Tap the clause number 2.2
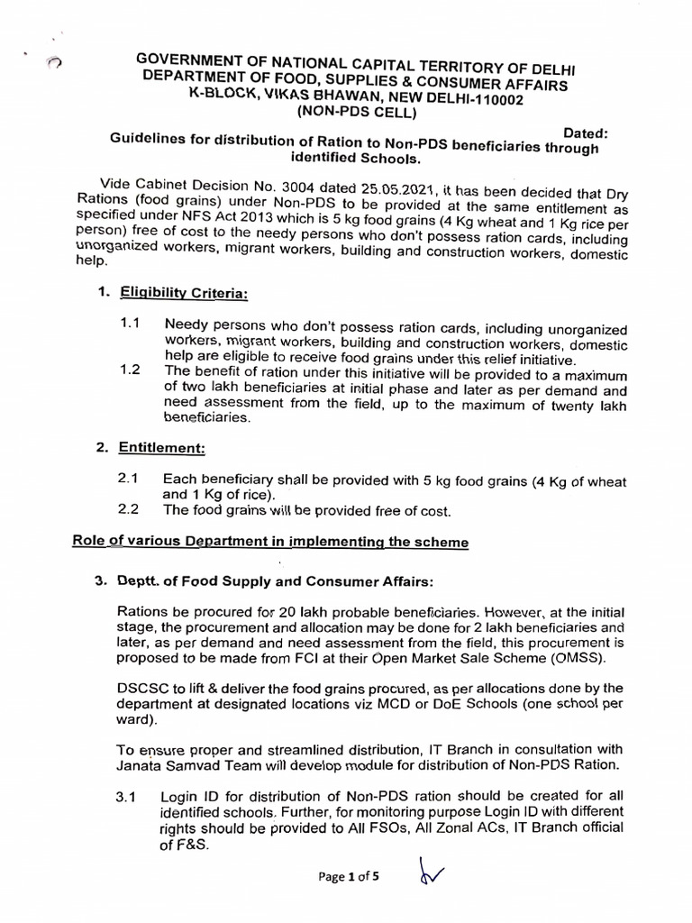(128, 510)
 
